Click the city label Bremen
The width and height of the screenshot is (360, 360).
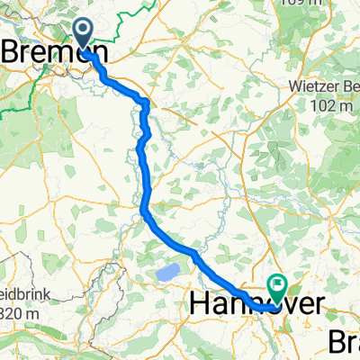point(55,53)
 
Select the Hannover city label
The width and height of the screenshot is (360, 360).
point(256,306)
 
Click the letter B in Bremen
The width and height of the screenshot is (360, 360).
point(14,53)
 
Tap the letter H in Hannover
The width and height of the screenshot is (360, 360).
point(202,306)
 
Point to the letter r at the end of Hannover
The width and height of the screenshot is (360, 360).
point(316,307)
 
